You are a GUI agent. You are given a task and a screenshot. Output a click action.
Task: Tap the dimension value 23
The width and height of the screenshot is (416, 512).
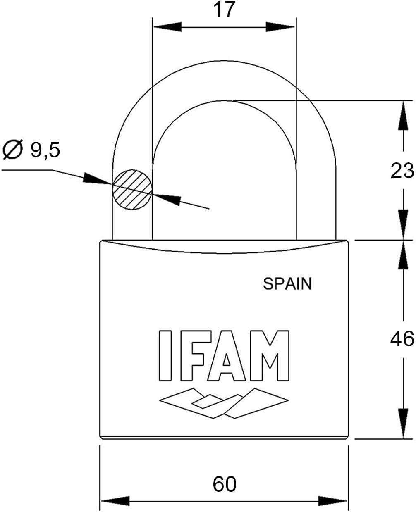click(x=402, y=171)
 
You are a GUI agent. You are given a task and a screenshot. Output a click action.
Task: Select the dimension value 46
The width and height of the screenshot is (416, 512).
click(x=402, y=339)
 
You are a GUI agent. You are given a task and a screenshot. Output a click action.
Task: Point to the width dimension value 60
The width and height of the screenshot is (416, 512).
click(x=224, y=484)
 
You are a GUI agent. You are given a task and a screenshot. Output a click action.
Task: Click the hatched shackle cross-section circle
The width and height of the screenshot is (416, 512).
click(x=132, y=189)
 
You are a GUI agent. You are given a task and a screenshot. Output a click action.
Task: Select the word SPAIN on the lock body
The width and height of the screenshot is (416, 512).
click(x=287, y=284)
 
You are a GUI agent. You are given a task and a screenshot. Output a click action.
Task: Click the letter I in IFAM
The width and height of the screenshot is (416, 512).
click(x=165, y=355)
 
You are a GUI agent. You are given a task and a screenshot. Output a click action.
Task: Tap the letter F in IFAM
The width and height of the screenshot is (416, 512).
click(x=192, y=355)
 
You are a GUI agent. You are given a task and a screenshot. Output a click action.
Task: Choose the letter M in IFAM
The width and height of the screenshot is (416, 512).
click(x=269, y=355)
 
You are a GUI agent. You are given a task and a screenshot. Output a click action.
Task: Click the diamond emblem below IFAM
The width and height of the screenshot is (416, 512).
click(x=223, y=403)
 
